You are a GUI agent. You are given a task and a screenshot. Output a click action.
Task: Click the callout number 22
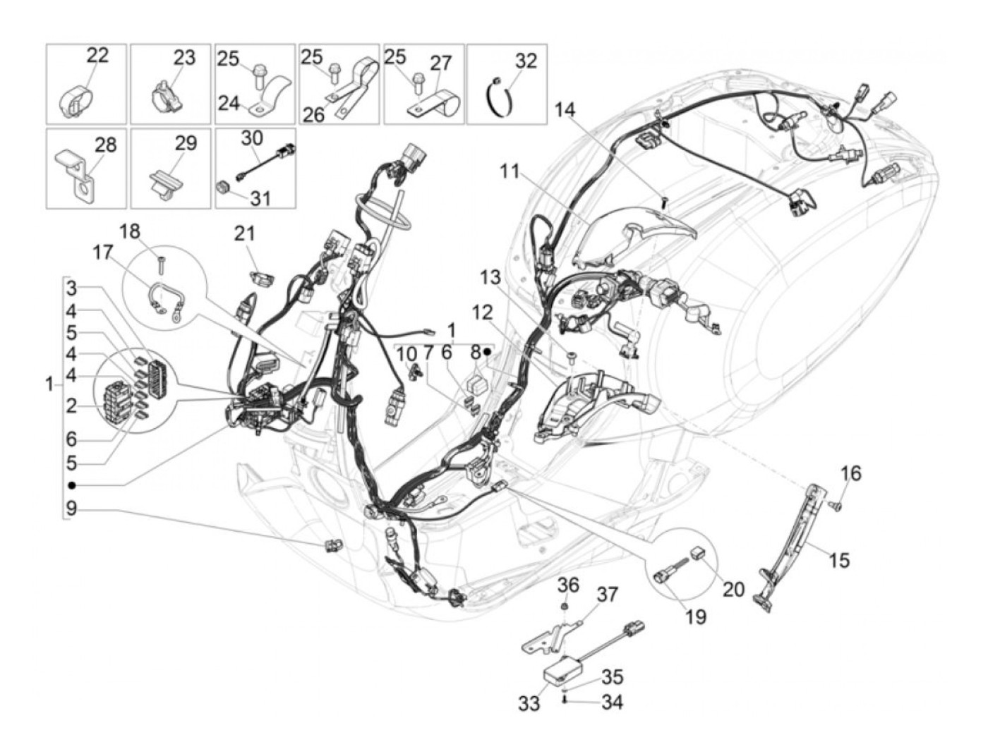pyautogui.click(x=98, y=55)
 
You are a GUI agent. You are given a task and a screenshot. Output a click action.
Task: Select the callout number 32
pyautogui.click(x=526, y=60)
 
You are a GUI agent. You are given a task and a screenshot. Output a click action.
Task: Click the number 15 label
pyautogui.click(x=839, y=561)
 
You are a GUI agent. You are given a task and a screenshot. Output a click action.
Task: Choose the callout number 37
pyautogui.click(x=608, y=595)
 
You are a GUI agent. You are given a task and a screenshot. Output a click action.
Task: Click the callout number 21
pyautogui.click(x=245, y=233)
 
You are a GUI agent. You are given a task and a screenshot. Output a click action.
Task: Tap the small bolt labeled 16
pyautogui.click(x=836, y=505)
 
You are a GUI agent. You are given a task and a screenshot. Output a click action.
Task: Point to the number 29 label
pyautogui.click(x=185, y=143)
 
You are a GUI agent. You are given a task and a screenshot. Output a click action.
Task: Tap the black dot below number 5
pyautogui.click(x=73, y=485)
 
